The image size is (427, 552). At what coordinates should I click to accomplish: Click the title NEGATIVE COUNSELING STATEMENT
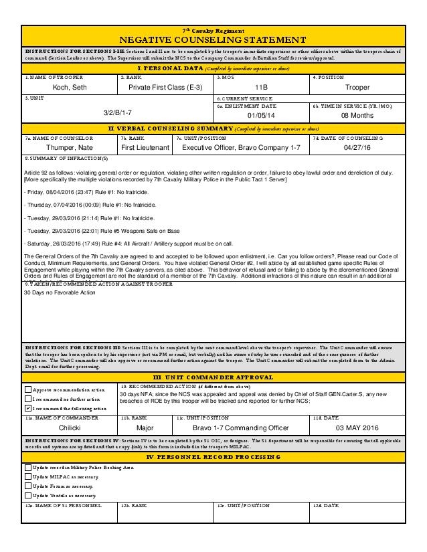point(214,39)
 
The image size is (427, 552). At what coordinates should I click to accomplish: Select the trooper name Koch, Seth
point(70,87)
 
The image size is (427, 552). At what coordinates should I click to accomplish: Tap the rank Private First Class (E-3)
point(167,87)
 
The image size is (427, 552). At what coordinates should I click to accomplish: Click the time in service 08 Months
point(357,115)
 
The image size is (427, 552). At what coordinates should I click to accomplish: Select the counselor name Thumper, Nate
point(70,147)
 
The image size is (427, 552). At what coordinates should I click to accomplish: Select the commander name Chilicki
point(70,427)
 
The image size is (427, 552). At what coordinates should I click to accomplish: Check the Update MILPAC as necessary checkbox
point(27,476)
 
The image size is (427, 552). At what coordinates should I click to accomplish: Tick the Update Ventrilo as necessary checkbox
point(27,494)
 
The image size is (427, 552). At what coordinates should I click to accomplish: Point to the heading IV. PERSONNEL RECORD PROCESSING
point(213,456)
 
